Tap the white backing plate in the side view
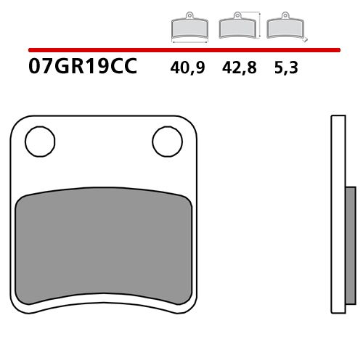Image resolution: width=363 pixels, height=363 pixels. [335, 218]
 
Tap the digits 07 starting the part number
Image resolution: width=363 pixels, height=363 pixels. [40, 68]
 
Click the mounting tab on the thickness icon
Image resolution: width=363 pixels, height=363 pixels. [282, 17]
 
